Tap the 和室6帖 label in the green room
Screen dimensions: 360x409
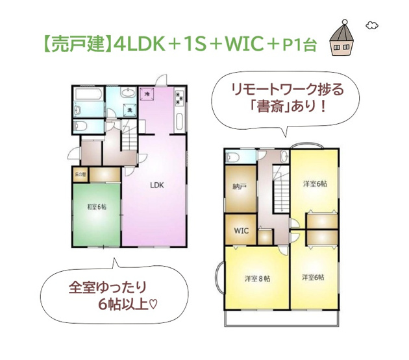[97, 208]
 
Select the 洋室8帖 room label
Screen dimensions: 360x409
[257, 278]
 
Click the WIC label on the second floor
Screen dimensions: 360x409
[241, 230]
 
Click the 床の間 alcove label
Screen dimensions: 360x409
[79, 174]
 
